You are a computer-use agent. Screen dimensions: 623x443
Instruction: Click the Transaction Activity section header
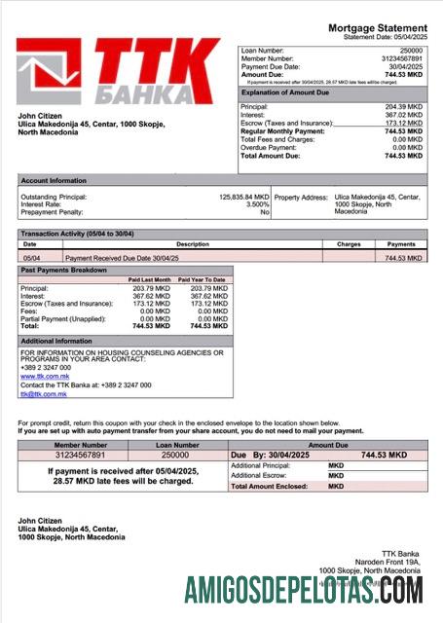click(78, 235)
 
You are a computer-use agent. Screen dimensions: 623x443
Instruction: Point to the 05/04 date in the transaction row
click(30, 258)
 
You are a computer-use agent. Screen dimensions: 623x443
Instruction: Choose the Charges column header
click(349, 244)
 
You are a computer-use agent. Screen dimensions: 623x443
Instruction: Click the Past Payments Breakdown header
click(64, 269)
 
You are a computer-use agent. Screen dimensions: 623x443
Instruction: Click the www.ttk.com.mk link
click(42, 375)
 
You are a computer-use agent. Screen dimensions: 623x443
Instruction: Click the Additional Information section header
click(56, 341)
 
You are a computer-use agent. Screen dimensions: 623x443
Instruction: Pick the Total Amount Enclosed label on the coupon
click(270, 485)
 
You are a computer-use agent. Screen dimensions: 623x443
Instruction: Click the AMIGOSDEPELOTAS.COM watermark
click(305, 590)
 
